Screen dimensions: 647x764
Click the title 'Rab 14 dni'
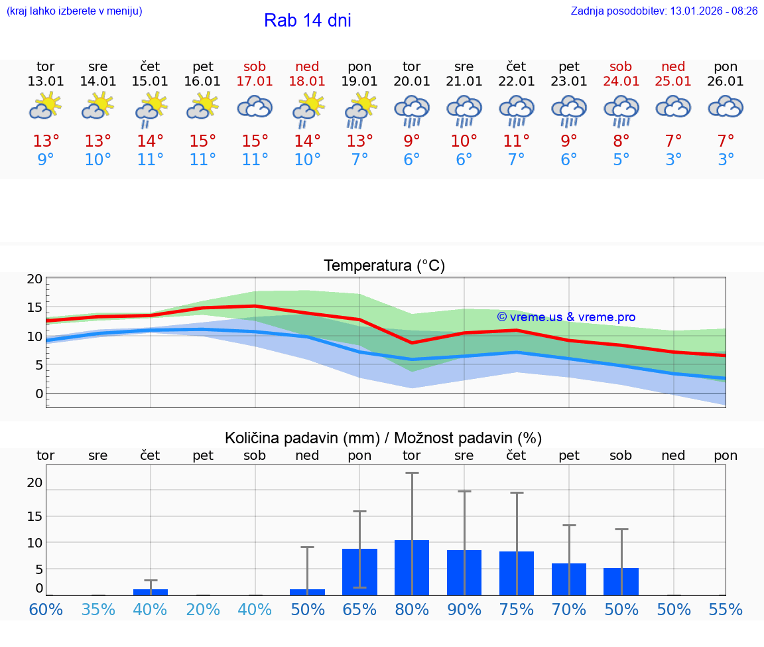point(307,21)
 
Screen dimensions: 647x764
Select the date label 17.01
point(255,81)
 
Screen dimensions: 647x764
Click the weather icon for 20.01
point(412,110)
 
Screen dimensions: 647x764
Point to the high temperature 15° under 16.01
point(203,141)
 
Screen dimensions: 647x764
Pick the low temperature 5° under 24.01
point(621,160)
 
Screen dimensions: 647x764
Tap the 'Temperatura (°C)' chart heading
point(384,266)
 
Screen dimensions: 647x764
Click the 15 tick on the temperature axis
point(34,308)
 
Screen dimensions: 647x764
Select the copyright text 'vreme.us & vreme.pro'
point(566,317)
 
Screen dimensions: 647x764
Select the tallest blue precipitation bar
point(412,567)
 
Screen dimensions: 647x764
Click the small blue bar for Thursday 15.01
point(151,592)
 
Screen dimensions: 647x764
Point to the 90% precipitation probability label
point(464,610)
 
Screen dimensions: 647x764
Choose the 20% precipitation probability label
point(203,610)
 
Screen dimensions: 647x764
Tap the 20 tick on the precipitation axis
point(34,483)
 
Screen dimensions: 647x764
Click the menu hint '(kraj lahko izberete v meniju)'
point(74,11)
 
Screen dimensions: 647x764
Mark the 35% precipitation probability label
point(98,610)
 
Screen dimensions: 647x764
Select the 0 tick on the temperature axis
point(38,394)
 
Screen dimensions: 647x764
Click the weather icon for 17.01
point(255,108)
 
